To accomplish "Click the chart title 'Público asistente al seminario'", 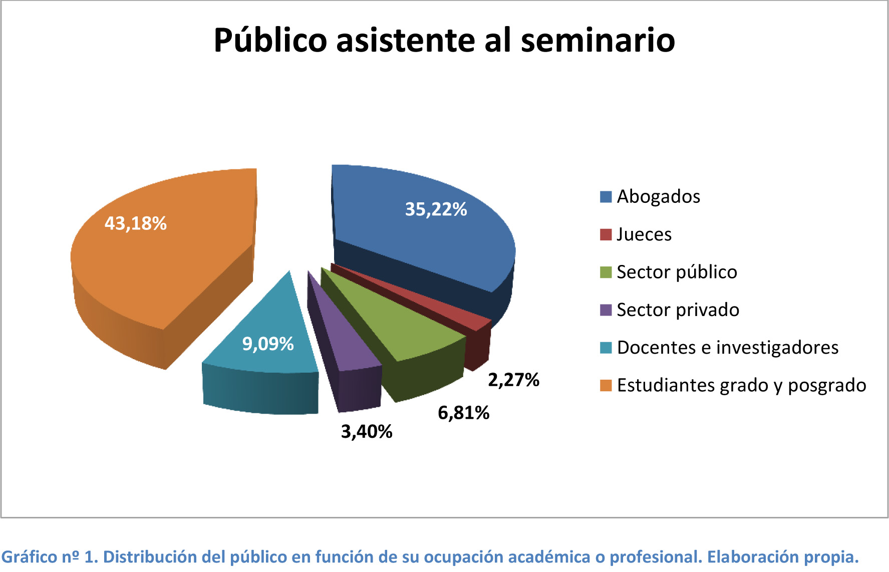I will click(444, 40).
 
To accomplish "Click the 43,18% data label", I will click(135, 223).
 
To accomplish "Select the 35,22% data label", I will click(436, 209).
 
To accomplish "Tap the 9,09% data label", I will click(268, 344).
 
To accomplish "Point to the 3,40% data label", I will click(367, 432).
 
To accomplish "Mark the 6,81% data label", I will click(463, 413).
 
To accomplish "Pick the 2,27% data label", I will click(513, 380).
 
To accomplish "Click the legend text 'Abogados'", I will click(658, 197).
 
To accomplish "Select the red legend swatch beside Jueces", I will click(606, 234).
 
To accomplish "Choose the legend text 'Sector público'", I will click(677, 272).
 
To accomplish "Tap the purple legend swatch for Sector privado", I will click(606, 310).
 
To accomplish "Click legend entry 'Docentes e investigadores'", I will click(727, 348).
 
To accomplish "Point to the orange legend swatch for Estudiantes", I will click(606, 386).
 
